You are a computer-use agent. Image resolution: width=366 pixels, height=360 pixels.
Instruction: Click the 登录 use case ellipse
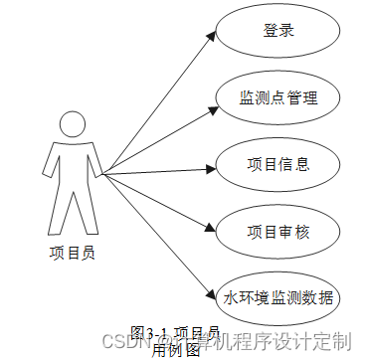tap(279, 30)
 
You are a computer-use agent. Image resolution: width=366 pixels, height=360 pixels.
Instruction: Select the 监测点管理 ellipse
tap(279, 96)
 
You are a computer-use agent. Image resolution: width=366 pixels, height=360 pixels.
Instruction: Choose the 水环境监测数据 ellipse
tap(279, 296)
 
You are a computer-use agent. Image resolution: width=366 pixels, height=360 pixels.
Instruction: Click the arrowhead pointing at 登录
tap(212, 37)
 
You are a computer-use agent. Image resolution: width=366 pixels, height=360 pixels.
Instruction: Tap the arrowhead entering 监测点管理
tap(212, 103)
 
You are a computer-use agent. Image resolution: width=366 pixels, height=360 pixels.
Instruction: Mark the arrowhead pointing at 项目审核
tap(212, 228)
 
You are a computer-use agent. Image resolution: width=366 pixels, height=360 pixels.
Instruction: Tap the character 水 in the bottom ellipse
tap(231, 297)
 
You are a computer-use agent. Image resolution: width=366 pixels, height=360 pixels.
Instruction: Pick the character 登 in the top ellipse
tap(271, 30)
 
